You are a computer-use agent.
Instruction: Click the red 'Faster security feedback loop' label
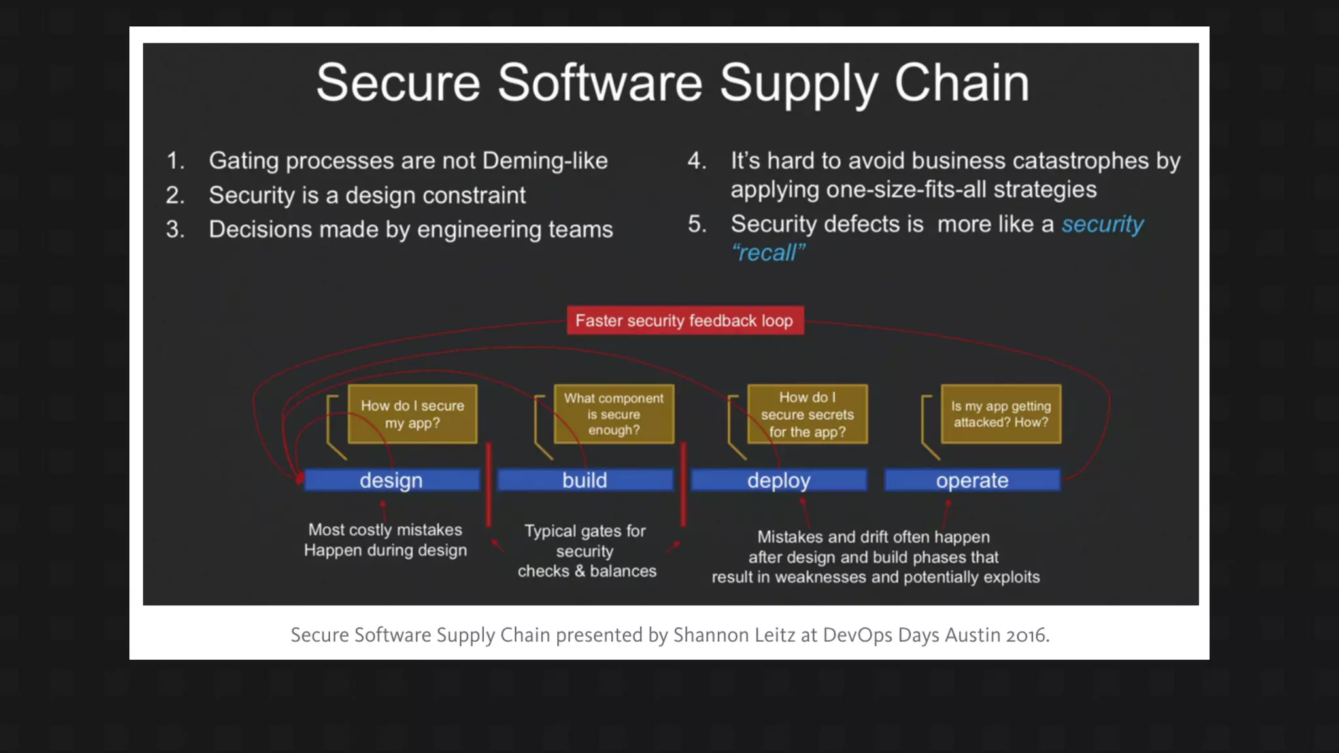click(685, 320)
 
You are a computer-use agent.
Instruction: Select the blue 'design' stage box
click(391, 480)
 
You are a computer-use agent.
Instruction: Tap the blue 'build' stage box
click(585, 480)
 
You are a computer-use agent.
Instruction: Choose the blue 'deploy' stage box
click(779, 480)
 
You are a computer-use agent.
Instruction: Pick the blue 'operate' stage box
click(972, 480)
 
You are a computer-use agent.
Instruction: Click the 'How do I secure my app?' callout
click(413, 414)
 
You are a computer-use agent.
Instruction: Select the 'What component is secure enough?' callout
click(613, 414)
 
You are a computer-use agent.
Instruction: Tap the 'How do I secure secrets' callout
click(807, 414)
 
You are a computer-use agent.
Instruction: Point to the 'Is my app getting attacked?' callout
click(1000, 414)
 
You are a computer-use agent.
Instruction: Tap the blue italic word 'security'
click(1102, 224)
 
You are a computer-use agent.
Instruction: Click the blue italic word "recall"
click(768, 253)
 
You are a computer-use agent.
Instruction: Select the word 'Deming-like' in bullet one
click(545, 161)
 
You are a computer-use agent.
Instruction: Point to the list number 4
click(696, 161)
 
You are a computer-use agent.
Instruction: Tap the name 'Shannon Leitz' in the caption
click(734, 635)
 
